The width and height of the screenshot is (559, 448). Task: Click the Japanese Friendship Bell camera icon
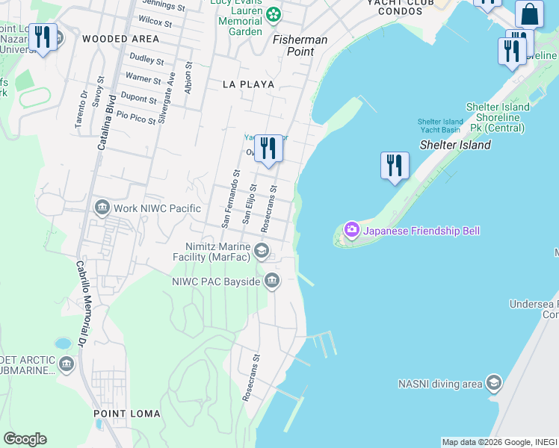350,230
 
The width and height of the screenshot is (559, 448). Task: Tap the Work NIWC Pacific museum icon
102,207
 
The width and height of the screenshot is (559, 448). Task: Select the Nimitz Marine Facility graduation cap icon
262,250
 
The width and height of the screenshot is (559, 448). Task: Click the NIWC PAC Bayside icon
271,281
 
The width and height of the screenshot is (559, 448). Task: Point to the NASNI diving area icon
492,384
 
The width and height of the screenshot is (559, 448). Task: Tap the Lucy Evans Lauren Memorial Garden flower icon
274,13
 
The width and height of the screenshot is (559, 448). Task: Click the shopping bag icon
529,15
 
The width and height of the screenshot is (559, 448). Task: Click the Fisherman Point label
300,46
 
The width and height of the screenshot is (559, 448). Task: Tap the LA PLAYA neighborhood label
248,84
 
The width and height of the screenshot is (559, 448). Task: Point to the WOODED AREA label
120,38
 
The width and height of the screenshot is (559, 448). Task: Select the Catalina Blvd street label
105,122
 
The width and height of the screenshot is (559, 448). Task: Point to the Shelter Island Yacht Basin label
440,125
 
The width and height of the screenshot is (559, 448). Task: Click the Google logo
25,439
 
